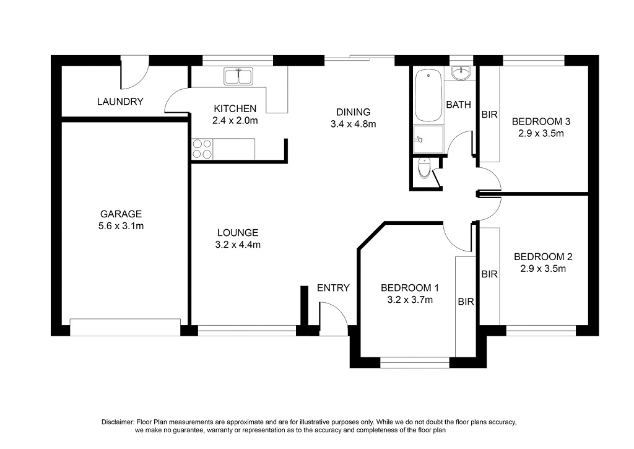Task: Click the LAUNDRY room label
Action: [120, 101]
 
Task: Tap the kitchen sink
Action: [238, 76]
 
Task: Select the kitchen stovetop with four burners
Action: [202, 149]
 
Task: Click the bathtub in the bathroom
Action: [428, 95]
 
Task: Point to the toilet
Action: [424, 168]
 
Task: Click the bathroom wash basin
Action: [461, 73]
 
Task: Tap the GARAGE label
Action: [121, 214]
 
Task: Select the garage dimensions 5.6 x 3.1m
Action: [121, 226]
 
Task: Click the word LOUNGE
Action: [238, 233]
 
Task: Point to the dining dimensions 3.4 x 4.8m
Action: [354, 124]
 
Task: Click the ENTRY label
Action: [333, 288]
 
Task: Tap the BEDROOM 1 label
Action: [410, 288]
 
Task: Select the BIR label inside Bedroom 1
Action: [466, 302]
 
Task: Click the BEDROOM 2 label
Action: [543, 256]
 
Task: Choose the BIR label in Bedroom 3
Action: [489, 115]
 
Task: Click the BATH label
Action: [459, 105]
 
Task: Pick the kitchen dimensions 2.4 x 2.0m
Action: [235, 121]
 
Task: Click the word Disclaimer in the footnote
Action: [117, 422]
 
